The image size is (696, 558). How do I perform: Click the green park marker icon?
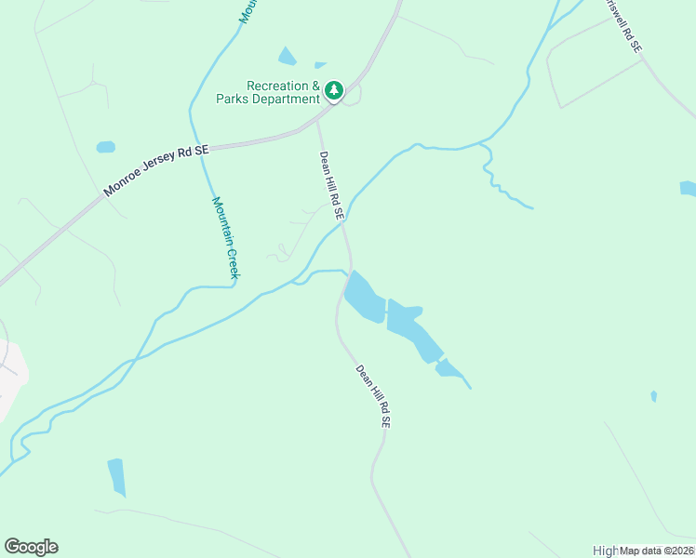pyautogui.click(x=334, y=90)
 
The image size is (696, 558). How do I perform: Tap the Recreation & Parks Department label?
pyautogui.click(x=270, y=92)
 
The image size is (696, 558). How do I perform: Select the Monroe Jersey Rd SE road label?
pyautogui.click(x=157, y=170)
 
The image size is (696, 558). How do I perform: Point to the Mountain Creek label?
pyautogui.click(x=226, y=237)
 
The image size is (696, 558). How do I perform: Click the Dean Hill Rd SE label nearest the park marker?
pyautogui.click(x=332, y=186)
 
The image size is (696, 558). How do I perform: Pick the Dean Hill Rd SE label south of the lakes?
pyautogui.click(x=371, y=395)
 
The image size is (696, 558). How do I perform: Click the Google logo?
pyautogui.click(x=31, y=547)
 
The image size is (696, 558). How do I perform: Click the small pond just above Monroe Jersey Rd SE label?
pyautogui.click(x=105, y=147)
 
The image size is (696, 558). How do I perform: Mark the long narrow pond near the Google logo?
pyautogui.click(x=116, y=476)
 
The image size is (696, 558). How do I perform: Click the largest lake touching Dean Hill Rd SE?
pyautogui.click(x=364, y=299)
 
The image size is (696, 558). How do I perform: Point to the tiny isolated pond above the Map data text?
pyautogui.click(x=653, y=396)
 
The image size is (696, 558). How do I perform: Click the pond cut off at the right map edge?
pyautogui.click(x=689, y=189)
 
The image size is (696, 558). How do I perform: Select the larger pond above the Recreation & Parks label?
pyautogui.click(x=288, y=57)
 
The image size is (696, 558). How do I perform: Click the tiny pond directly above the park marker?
pyautogui.click(x=320, y=65)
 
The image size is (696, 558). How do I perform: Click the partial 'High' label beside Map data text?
pyautogui.click(x=606, y=551)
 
